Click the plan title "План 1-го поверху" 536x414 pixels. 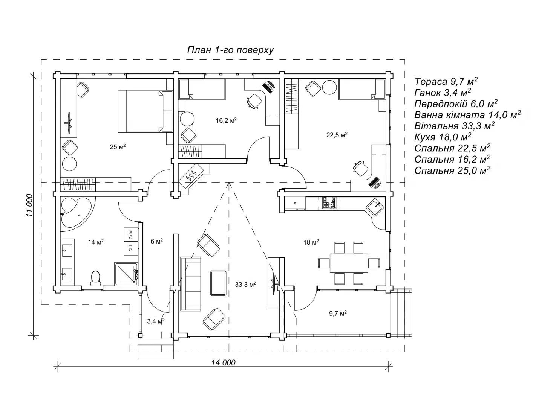[x=230, y=50]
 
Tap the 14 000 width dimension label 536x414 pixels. [x=223, y=362]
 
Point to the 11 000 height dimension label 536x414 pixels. [x=30, y=205]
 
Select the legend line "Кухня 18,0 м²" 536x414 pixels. [x=443, y=137]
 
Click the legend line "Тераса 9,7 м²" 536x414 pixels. [x=446, y=81]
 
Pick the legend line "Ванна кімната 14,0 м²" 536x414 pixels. [x=467, y=115]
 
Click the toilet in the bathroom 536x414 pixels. [x=95, y=278]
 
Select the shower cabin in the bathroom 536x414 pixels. [x=126, y=274]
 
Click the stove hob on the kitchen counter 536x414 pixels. [x=329, y=203]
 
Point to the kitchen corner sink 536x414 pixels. [x=375, y=207]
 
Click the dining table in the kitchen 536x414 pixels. [x=349, y=263]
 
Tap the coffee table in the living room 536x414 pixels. [x=218, y=283]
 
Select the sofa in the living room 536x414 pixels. [x=191, y=284]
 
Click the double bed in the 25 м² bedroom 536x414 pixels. [x=145, y=111]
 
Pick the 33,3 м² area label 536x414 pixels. [x=245, y=285]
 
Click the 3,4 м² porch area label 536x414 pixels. [x=156, y=321]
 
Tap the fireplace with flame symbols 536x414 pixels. [x=191, y=175]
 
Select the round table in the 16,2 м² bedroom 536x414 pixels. [x=187, y=119]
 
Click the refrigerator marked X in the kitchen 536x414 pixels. [x=295, y=204]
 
